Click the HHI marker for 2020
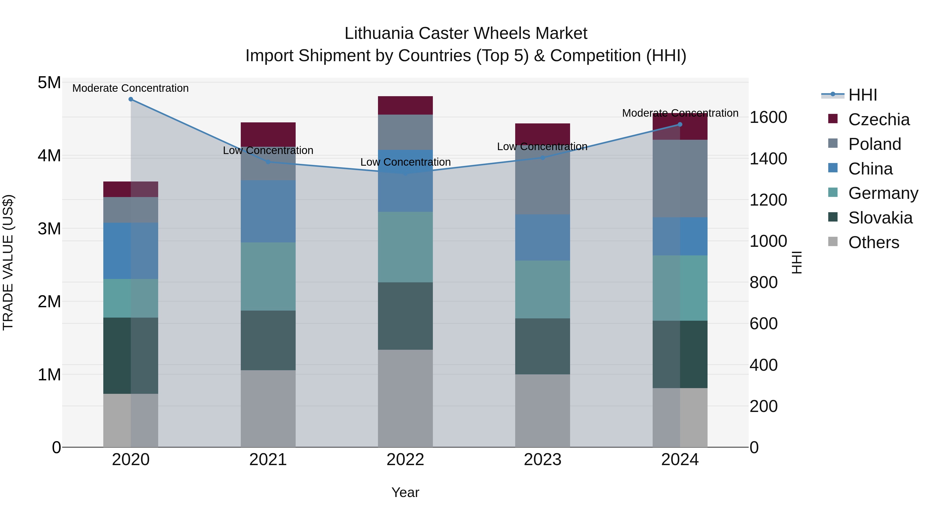click(131, 99)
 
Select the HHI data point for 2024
click(680, 124)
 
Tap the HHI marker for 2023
click(542, 158)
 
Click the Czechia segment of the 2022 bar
click(405, 106)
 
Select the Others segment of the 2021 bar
click(268, 408)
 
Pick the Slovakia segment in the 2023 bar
click(542, 346)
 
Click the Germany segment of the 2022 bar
click(405, 247)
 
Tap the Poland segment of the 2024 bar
click(680, 178)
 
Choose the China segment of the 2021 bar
click(268, 211)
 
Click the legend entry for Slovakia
click(880, 218)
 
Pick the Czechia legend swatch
click(833, 119)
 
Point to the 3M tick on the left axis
click(49, 229)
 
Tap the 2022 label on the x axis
click(405, 460)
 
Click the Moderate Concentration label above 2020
click(131, 88)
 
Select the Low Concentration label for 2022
click(405, 162)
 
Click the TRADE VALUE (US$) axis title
click(8, 262)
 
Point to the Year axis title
click(405, 492)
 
